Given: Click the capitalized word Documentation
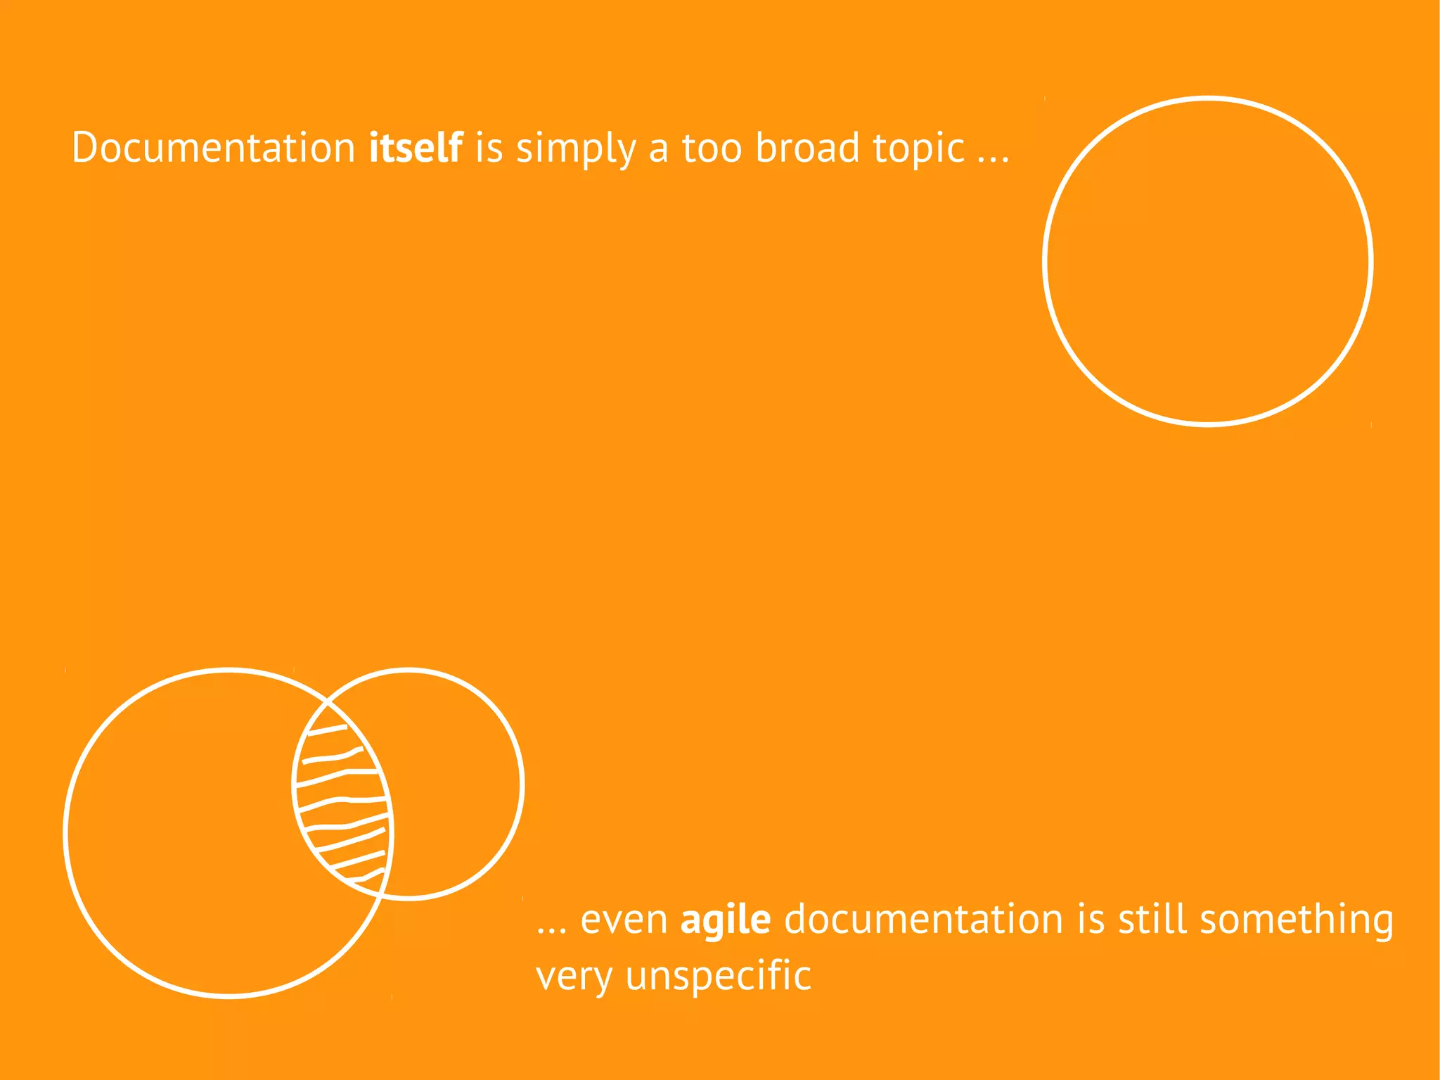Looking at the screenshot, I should [x=213, y=148].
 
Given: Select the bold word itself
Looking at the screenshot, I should [x=416, y=148].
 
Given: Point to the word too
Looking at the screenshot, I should [x=712, y=148].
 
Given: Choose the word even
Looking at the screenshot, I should [x=624, y=920].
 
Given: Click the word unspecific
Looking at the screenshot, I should [x=718, y=977].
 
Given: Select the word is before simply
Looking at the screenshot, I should [x=489, y=148].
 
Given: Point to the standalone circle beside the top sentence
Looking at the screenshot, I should [x=1207, y=261].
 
